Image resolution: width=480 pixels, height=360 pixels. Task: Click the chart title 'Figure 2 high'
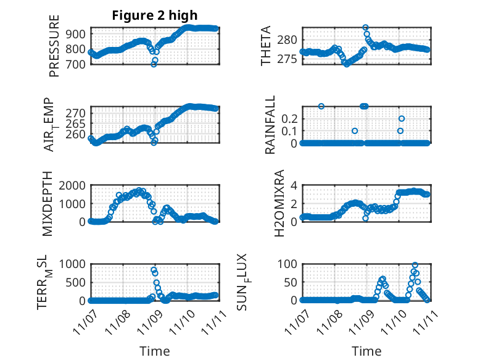(x=155, y=15)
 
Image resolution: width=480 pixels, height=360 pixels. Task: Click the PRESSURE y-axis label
(x=55, y=46)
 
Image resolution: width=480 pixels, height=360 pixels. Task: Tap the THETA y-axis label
(x=267, y=46)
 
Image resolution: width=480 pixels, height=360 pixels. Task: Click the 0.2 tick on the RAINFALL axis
(x=290, y=118)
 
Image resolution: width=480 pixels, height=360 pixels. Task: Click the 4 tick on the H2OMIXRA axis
(x=295, y=185)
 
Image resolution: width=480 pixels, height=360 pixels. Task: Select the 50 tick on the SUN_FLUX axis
(x=290, y=282)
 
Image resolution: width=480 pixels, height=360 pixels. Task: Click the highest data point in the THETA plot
(x=365, y=28)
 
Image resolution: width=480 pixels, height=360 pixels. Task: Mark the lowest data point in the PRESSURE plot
(x=154, y=64)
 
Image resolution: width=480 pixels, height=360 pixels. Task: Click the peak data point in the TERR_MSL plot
(x=154, y=270)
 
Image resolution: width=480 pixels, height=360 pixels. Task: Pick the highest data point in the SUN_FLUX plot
(x=415, y=265)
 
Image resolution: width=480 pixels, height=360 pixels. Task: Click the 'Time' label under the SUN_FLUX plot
(x=366, y=351)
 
